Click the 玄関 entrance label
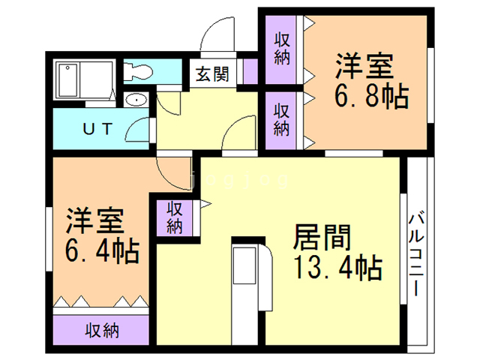pos(212,74)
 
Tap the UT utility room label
pos(97,129)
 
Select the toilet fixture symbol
pos(138,72)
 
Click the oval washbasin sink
pos(136,100)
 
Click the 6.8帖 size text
pos(371,97)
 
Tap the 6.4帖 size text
pos(102,251)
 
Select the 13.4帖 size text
pos(338,268)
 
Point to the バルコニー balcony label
pos(416,254)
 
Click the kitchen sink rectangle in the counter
pos(244,265)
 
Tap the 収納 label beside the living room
pos(175,217)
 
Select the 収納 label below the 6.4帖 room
pos(102,331)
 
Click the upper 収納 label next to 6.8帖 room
pos(282,49)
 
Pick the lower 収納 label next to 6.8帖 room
pos(281,120)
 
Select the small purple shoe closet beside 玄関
pos(250,71)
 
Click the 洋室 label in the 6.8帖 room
pos(364,66)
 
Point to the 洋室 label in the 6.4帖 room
pos(95,220)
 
